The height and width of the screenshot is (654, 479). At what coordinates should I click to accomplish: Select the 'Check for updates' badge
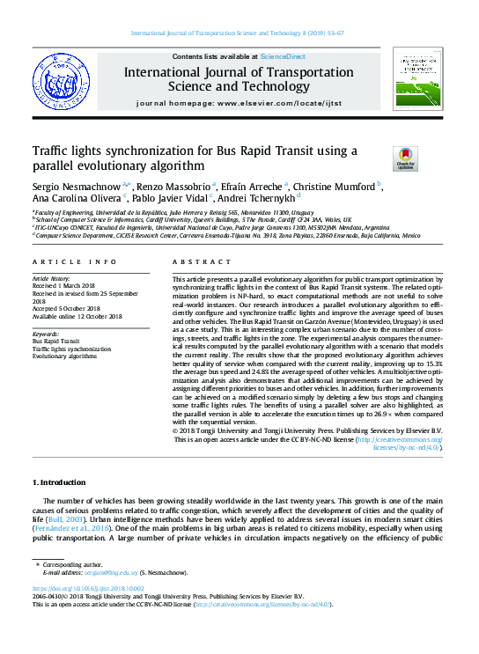pos(405,158)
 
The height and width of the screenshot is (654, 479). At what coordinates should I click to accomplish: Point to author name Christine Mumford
pos(335,187)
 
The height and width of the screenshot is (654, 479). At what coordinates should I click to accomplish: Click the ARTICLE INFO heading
pos(74,262)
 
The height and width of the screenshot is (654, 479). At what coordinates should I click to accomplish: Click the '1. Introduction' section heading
pos(59,482)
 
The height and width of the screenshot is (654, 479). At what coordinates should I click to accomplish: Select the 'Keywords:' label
pos(46,334)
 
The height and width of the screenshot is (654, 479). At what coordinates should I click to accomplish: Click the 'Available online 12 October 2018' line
pos(77,314)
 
